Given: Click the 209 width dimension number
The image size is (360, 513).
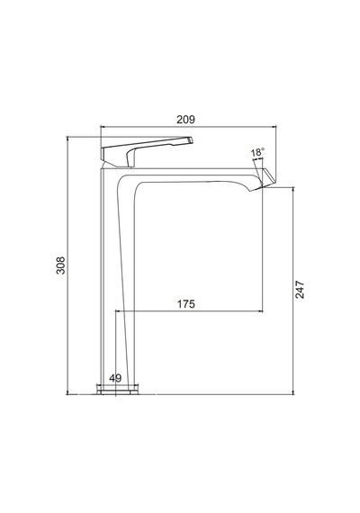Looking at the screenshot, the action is [185, 120].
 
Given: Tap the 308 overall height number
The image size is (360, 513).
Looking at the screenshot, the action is [61, 265].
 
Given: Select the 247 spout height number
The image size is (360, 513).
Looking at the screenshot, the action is [300, 290].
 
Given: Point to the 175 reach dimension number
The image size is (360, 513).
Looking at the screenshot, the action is [186, 304].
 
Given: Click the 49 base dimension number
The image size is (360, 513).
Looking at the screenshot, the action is [115, 378].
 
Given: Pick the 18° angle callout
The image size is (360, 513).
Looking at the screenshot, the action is [257, 152].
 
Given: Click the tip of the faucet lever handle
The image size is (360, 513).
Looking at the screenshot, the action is [192, 140].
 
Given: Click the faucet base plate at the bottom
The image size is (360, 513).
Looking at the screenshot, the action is [118, 391].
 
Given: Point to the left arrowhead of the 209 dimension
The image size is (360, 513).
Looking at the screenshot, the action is [102, 126].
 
